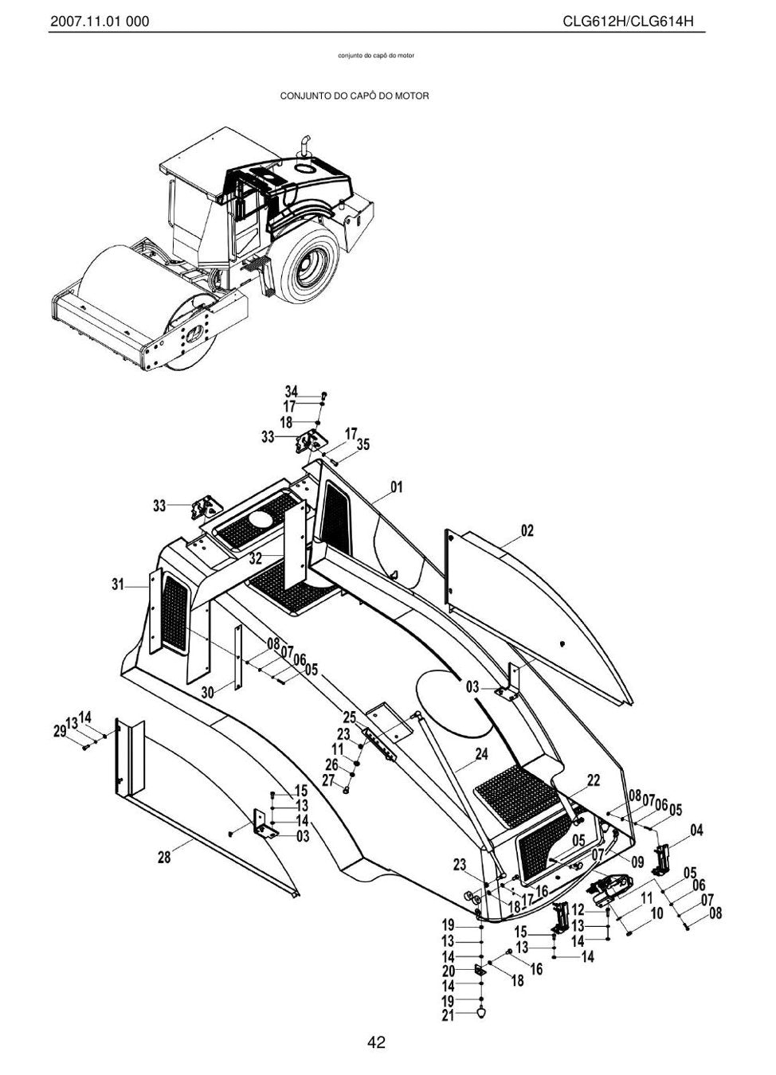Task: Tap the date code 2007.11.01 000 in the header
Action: pyautogui.click(x=100, y=21)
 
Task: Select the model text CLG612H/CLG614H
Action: pyautogui.click(x=629, y=21)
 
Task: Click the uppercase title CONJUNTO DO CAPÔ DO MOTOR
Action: pyautogui.click(x=355, y=96)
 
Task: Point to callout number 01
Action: pyautogui.click(x=396, y=487)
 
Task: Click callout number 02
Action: pyautogui.click(x=527, y=531)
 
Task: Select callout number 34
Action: pyautogui.click(x=292, y=391)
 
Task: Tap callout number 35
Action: pyautogui.click(x=363, y=445)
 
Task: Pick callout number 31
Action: pyautogui.click(x=118, y=584)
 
